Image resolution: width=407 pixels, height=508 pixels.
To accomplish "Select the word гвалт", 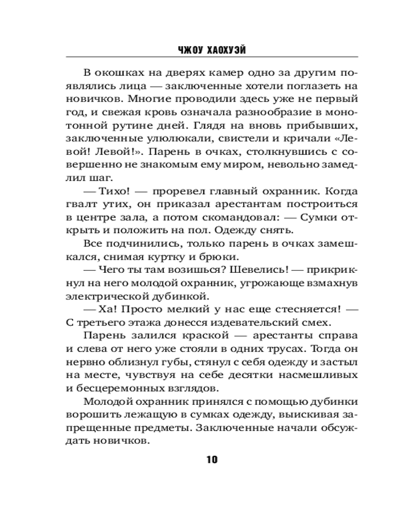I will click(81, 206).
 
